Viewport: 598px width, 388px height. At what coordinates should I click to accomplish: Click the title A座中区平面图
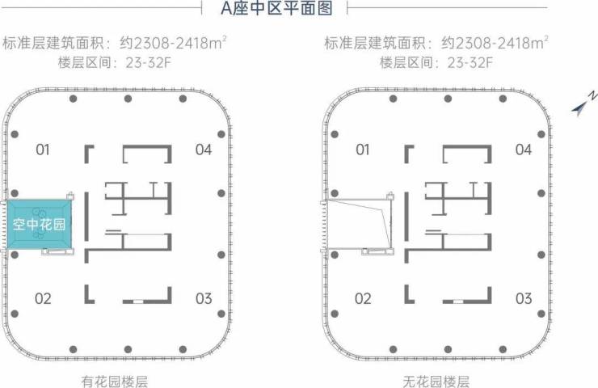coord(276,8)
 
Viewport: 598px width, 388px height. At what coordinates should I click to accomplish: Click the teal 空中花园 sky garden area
coord(40,225)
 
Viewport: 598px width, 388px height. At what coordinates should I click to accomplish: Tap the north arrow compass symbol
coord(583,103)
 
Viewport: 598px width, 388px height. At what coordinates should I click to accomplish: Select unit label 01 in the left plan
coord(43,150)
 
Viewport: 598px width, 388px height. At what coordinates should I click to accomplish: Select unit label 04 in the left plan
coord(204,150)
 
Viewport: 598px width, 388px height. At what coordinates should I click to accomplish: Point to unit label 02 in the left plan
coord(43,298)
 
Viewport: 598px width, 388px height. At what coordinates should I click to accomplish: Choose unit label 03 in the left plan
coord(204,298)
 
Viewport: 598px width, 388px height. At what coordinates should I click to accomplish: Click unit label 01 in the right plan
coord(363,150)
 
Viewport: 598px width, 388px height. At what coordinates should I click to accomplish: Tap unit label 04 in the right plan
coord(524,150)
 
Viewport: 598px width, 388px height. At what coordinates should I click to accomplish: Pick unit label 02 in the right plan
coord(363,298)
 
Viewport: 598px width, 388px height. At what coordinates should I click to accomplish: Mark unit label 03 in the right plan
coord(524,298)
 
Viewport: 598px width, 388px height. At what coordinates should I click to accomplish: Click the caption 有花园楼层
coord(115,382)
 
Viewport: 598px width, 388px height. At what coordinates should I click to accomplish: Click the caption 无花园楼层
coord(436,382)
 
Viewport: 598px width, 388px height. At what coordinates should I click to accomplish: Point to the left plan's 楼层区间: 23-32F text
coord(115,62)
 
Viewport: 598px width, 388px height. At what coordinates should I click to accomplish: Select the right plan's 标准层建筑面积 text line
coord(436,43)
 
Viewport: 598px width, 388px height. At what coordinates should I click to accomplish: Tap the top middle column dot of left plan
coord(128,99)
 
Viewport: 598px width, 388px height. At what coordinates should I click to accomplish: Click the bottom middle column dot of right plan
coord(448,349)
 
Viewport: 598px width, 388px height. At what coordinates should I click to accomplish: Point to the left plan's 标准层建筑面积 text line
coord(115,43)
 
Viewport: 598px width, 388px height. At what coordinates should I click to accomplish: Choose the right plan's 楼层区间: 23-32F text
coord(436,62)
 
